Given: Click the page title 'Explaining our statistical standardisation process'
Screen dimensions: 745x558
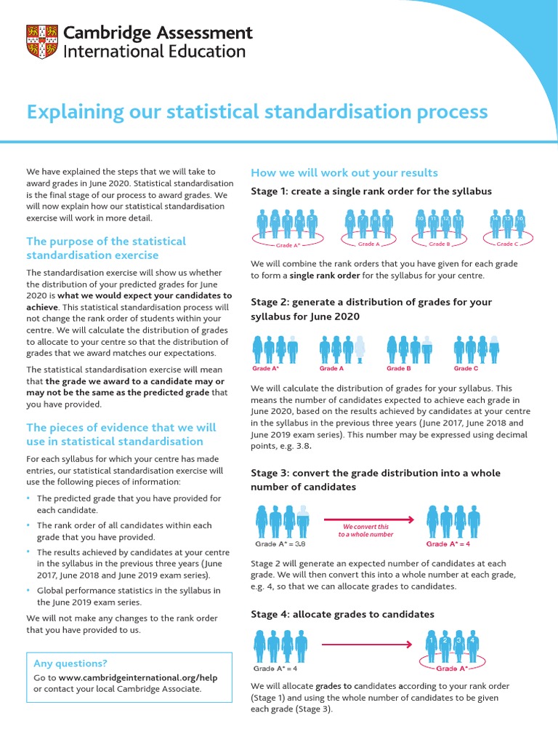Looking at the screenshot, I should pyautogui.click(x=257, y=112).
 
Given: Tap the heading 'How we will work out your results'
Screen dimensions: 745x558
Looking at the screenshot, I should pyautogui.click(x=344, y=172).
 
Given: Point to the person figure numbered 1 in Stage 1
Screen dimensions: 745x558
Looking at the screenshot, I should pyautogui.click(x=262, y=225).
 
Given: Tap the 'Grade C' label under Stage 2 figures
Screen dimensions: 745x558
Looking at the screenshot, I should pyautogui.click(x=466, y=368).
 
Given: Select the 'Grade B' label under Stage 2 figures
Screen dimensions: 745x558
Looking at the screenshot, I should pyautogui.click(x=399, y=368).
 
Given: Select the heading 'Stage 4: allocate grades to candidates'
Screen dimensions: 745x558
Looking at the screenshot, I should pyautogui.click(x=342, y=614).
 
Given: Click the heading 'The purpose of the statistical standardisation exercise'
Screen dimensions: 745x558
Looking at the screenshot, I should pyautogui.click(x=106, y=248).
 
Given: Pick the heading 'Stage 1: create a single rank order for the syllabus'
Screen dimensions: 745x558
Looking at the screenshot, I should pyautogui.click(x=371, y=191).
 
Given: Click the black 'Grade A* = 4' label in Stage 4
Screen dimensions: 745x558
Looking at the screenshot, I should pyautogui.click(x=275, y=668).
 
